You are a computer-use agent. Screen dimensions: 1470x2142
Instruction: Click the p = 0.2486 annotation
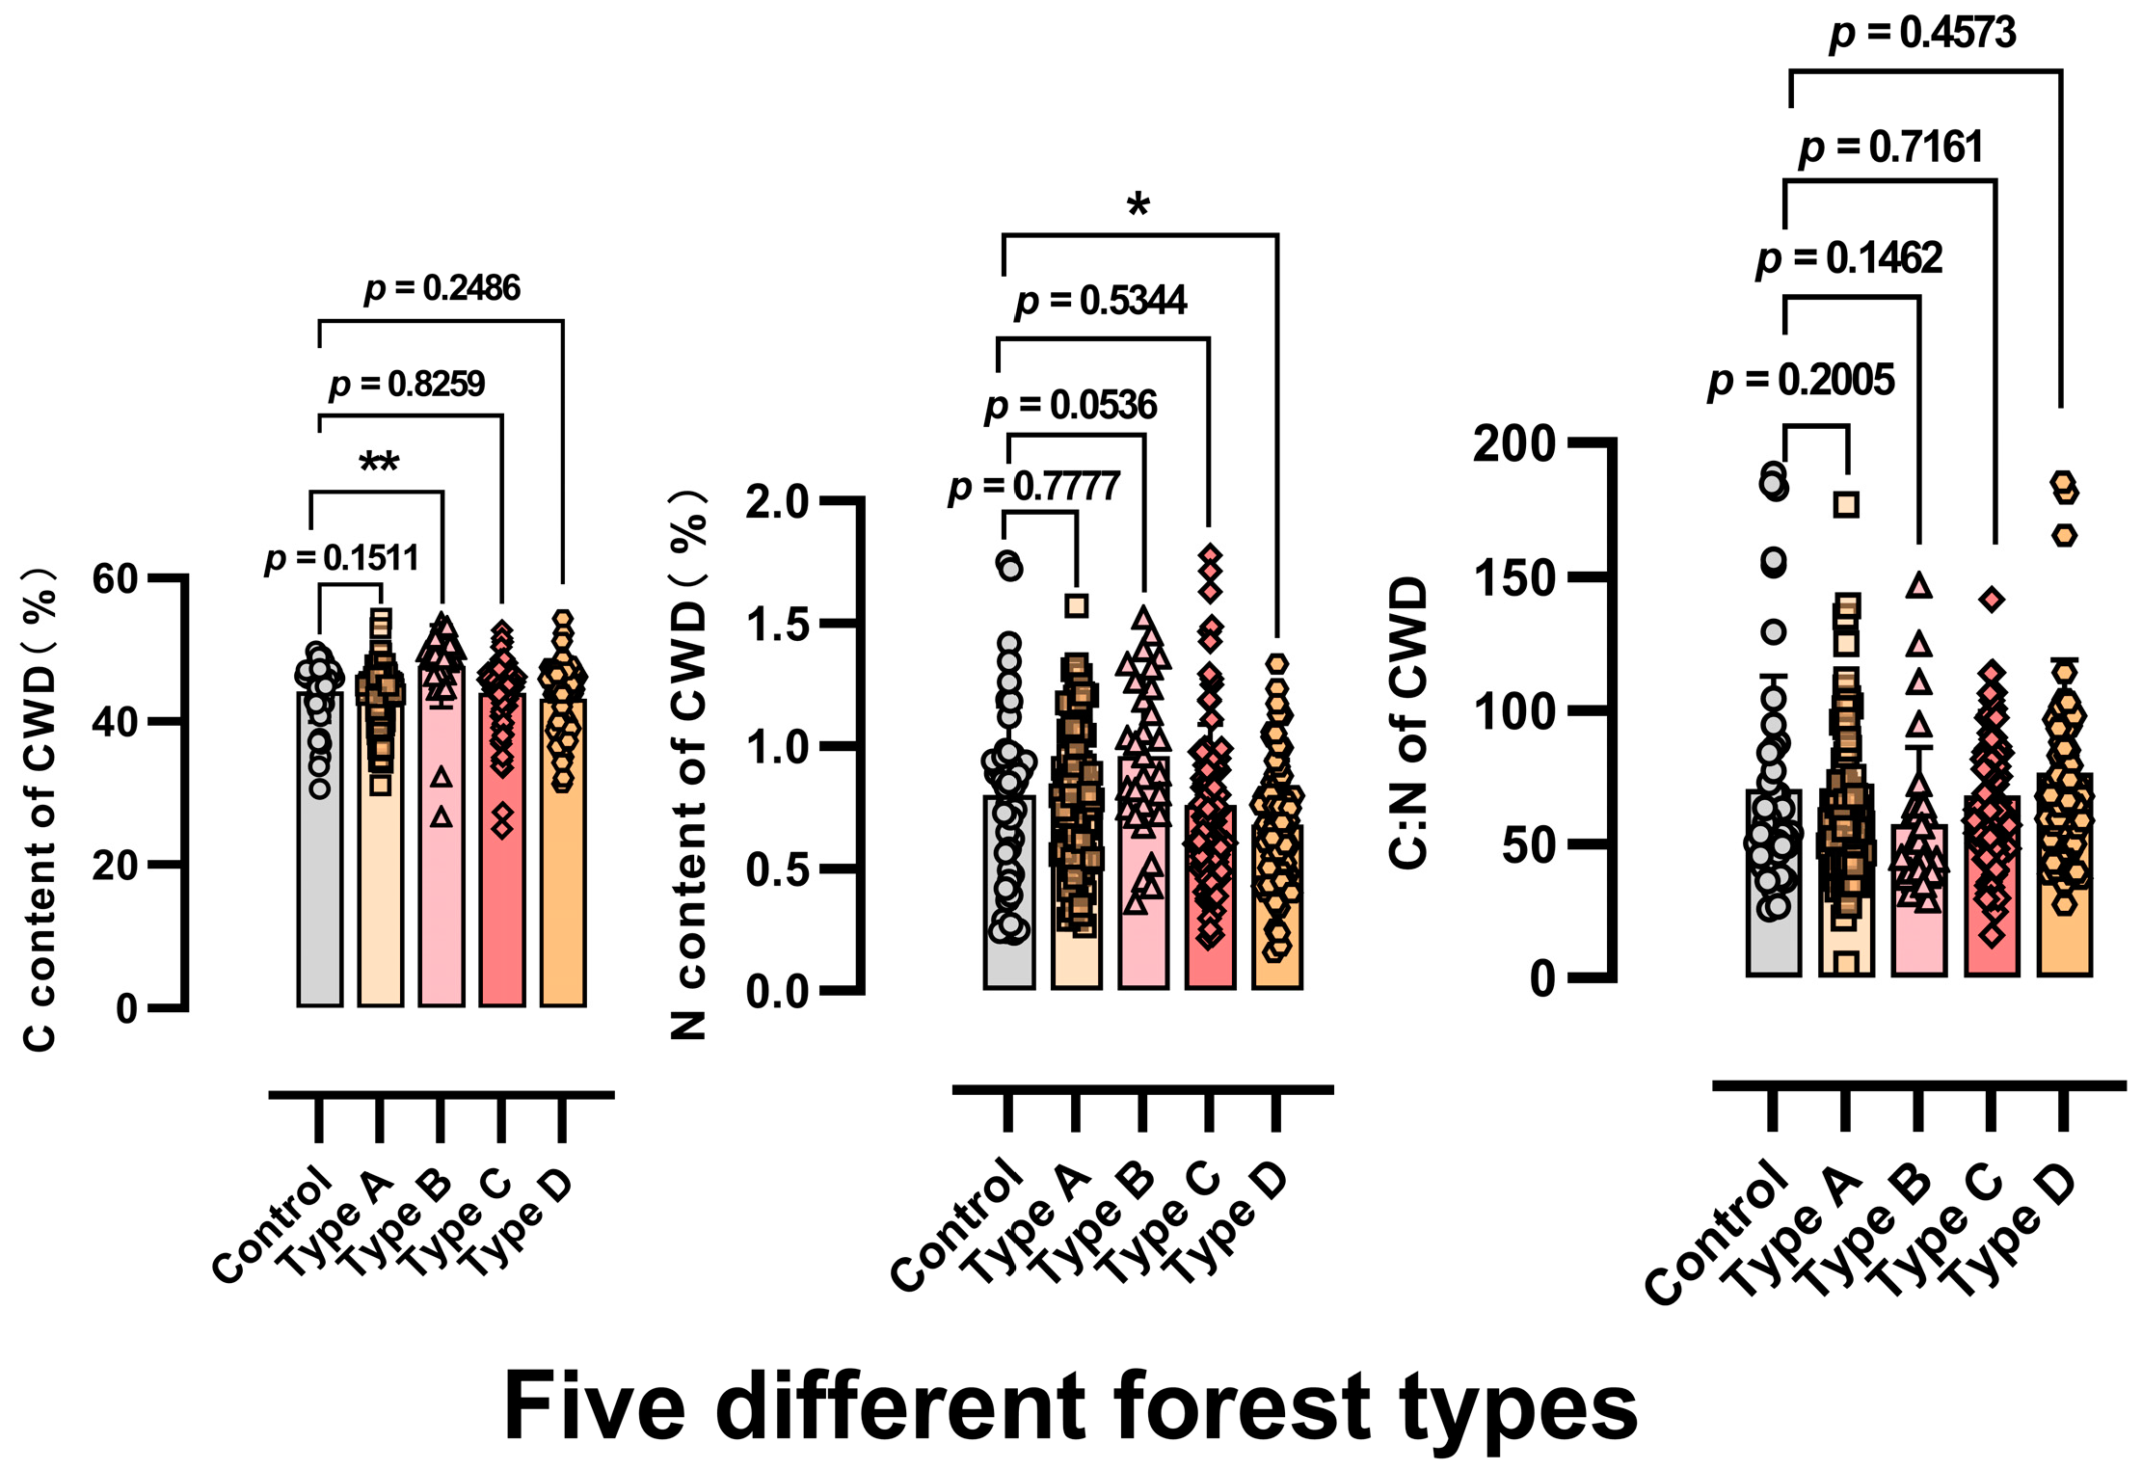pyautogui.click(x=442, y=288)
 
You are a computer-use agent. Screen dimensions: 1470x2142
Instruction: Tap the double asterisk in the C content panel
pyautogui.click(x=379, y=464)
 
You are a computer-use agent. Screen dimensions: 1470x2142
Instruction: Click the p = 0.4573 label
pyautogui.click(x=1922, y=34)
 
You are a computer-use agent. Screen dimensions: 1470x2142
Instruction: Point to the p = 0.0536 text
pyautogui.click(x=1071, y=406)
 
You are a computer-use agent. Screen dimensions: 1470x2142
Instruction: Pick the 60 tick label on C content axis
pyautogui.click(x=116, y=579)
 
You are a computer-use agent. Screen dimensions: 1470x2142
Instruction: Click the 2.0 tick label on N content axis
pyautogui.click(x=777, y=502)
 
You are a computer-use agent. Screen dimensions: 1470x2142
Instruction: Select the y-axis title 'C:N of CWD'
pyautogui.click(x=1408, y=723)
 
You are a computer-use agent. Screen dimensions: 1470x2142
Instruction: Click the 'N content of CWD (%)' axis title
pyautogui.click(x=689, y=762)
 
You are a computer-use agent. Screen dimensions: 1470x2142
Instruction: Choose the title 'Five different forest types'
pyautogui.click(x=1070, y=1406)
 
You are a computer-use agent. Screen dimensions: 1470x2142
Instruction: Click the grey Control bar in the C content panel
pyautogui.click(x=320, y=868)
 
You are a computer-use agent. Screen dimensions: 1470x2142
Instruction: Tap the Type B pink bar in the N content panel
pyautogui.click(x=1143, y=916)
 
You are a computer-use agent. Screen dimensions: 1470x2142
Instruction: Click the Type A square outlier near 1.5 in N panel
pyautogui.click(x=1077, y=605)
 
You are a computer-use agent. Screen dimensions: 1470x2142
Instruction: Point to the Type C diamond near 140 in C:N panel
pyautogui.click(x=1992, y=600)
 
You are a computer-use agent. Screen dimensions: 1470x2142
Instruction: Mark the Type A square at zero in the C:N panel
pyautogui.click(x=1845, y=962)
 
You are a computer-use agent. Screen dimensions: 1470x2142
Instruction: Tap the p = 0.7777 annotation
pyautogui.click(x=1033, y=487)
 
